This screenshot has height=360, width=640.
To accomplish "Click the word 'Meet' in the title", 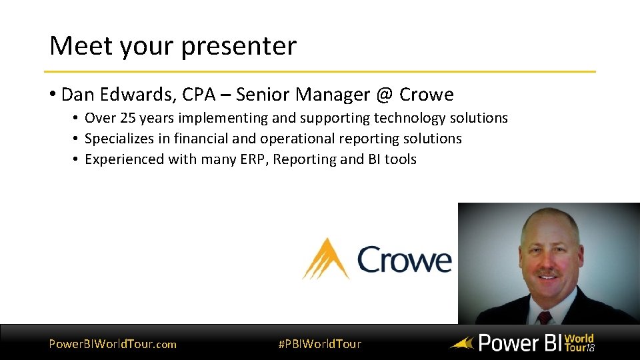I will pyautogui.click(x=78, y=46).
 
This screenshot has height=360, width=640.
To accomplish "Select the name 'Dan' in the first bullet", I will pyautogui.click(x=75, y=95).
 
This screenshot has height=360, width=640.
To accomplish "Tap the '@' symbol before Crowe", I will pyautogui.click(x=384, y=95).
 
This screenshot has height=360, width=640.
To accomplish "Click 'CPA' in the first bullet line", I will pyautogui.click(x=199, y=95).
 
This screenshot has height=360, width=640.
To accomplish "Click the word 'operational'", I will pyautogui.click(x=297, y=139).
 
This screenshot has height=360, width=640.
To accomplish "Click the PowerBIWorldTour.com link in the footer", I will pyautogui.click(x=113, y=344).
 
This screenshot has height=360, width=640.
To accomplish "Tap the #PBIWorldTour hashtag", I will pyautogui.click(x=319, y=344).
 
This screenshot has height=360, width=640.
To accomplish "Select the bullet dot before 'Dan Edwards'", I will pyautogui.click(x=52, y=95).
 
